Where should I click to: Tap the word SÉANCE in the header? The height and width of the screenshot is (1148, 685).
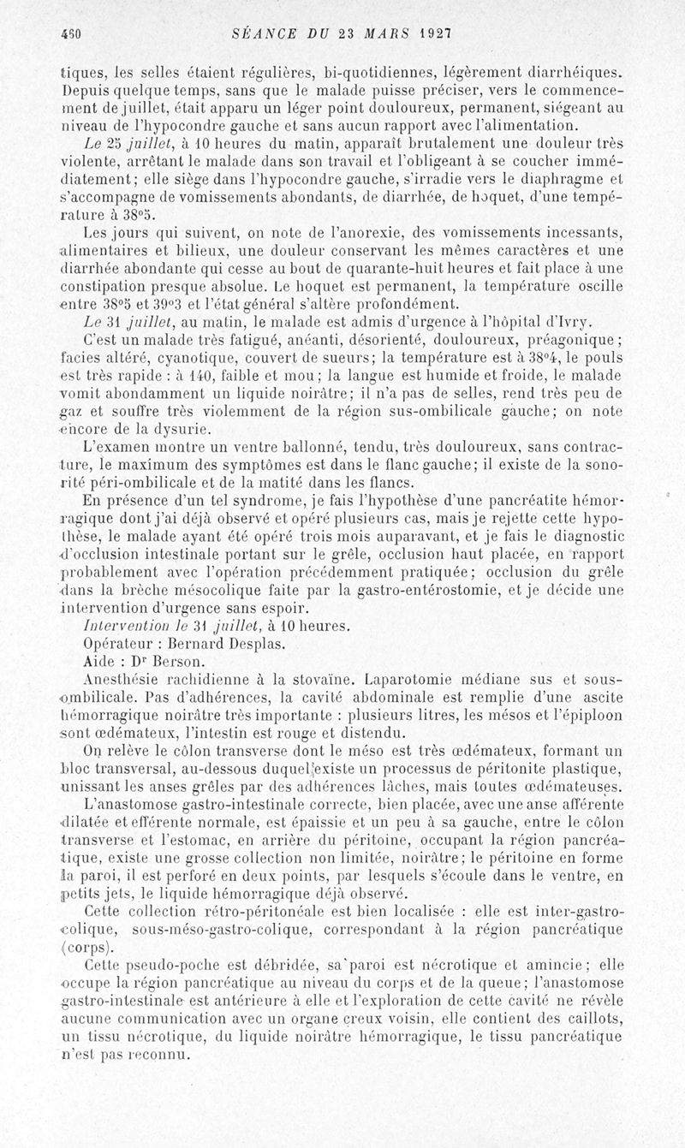tap(265, 33)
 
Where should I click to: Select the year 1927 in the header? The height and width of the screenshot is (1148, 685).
tap(435, 33)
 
